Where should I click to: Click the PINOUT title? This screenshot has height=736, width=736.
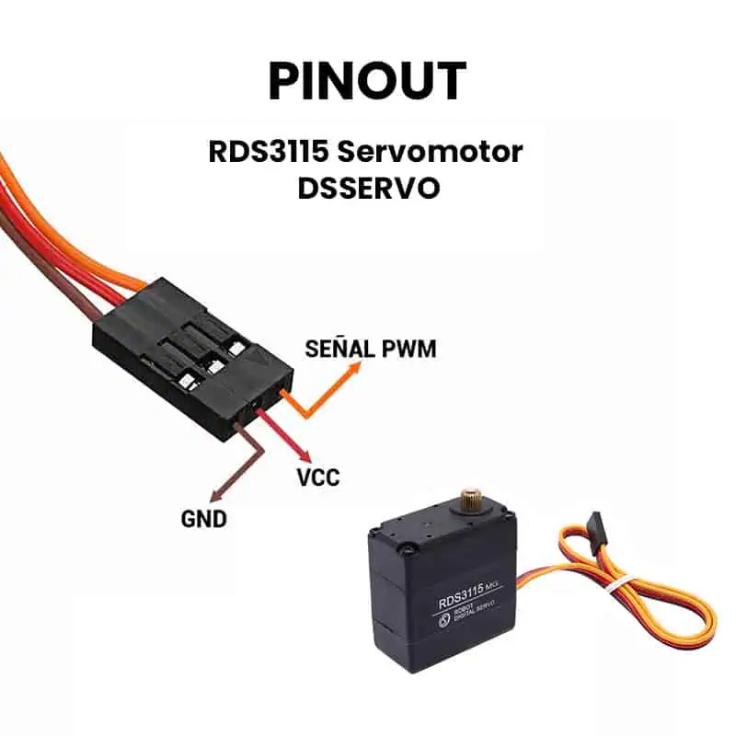(x=367, y=81)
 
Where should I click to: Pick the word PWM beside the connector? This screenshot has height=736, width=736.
(x=406, y=350)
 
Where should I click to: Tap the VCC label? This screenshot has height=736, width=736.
(x=317, y=477)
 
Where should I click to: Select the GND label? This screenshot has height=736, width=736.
(x=203, y=519)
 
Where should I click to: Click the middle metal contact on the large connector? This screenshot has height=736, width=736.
(x=214, y=367)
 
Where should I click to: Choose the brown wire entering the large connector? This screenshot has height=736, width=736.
(x=87, y=305)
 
